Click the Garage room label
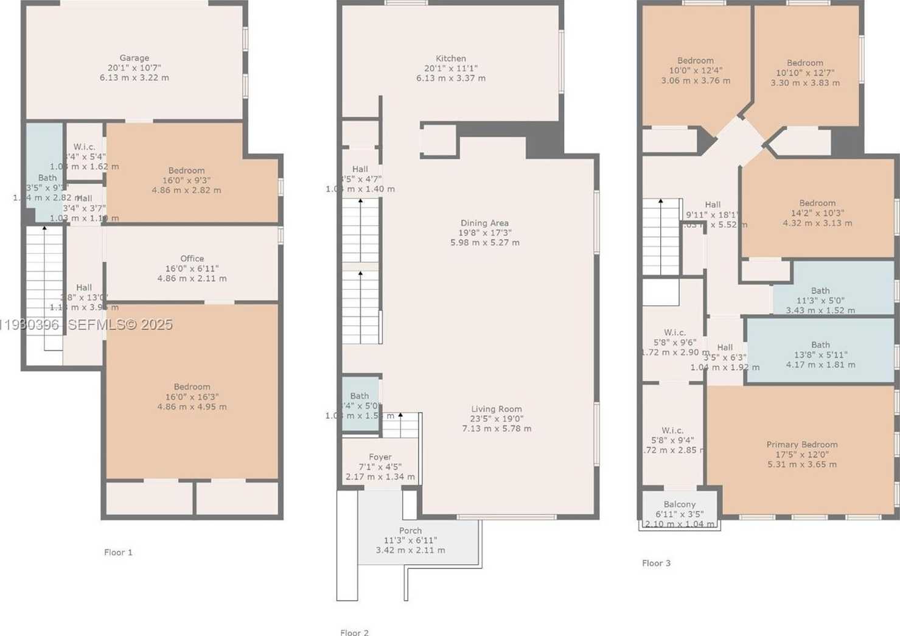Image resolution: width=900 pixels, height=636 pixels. pyautogui.click(x=134, y=58)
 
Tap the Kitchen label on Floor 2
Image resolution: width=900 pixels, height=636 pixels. pyautogui.click(x=451, y=58)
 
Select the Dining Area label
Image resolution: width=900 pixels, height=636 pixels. pyautogui.click(x=484, y=223)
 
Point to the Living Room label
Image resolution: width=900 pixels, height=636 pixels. pyautogui.click(x=497, y=409)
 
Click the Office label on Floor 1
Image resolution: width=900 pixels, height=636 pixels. pyautogui.click(x=192, y=259)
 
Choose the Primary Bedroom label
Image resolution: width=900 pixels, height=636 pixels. pyautogui.click(x=802, y=444)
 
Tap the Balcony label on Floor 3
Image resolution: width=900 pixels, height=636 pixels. pyautogui.click(x=679, y=505)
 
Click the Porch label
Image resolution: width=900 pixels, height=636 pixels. pyautogui.click(x=410, y=531)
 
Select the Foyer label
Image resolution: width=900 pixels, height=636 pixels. pyautogui.click(x=380, y=457)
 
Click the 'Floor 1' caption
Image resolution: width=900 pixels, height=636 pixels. pyautogui.click(x=118, y=553)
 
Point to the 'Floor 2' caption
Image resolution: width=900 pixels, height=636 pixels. pyautogui.click(x=354, y=632)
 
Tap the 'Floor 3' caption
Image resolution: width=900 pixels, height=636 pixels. pyautogui.click(x=656, y=563)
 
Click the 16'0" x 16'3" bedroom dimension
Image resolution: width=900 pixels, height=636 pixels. pyautogui.click(x=192, y=397)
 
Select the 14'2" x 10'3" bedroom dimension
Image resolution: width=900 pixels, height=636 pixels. pyautogui.click(x=817, y=213)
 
